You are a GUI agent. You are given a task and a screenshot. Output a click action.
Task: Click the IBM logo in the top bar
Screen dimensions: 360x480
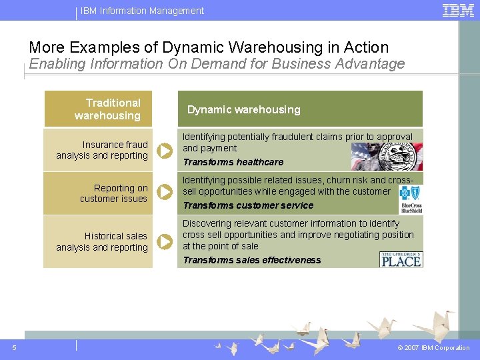[x=458, y=10]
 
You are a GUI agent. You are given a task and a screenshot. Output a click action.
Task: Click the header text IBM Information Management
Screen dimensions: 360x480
[x=142, y=11]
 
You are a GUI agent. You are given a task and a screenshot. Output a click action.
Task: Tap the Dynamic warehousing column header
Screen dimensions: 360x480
[x=243, y=109]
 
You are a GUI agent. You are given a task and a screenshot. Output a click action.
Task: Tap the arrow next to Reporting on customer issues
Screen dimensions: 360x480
[x=165, y=193]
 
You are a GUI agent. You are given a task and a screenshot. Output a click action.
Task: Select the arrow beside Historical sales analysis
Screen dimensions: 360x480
[x=165, y=241]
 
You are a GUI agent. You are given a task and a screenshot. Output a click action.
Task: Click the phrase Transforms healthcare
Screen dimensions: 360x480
[x=233, y=162]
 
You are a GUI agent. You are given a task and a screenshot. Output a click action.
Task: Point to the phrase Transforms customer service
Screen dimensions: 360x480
[x=248, y=205]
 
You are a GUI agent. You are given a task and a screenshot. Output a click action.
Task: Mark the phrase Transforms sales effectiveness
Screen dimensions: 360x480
[x=252, y=260]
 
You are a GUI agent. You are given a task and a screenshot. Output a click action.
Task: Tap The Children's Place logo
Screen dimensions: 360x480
[x=401, y=259]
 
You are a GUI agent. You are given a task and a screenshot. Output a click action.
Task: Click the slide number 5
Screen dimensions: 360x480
[x=15, y=347]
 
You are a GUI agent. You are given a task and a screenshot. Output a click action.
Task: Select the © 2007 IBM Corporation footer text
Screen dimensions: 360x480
[x=433, y=348]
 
